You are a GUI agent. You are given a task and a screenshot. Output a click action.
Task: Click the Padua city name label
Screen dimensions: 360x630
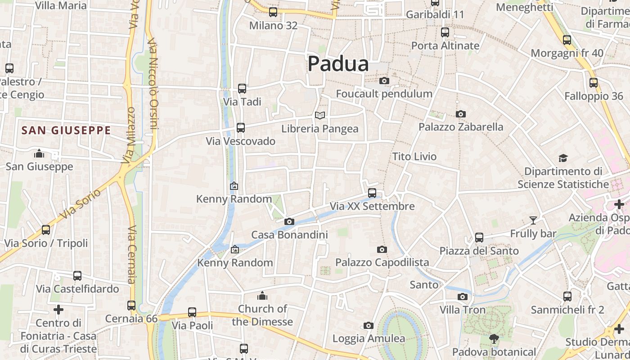click(338, 64)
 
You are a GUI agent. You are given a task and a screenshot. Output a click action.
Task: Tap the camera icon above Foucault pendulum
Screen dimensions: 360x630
click(384, 81)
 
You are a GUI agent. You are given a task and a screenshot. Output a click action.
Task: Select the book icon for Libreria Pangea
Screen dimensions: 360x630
click(319, 116)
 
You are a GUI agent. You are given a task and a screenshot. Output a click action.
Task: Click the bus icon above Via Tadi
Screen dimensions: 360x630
click(242, 89)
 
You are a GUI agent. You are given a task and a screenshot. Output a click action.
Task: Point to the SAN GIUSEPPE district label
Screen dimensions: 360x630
click(66, 130)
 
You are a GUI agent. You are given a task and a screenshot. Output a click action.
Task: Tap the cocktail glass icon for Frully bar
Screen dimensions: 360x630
click(533, 220)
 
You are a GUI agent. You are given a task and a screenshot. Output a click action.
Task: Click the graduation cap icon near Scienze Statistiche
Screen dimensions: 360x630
click(563, 158)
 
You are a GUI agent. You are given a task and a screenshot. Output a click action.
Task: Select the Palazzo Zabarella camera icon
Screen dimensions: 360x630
click(460, 114)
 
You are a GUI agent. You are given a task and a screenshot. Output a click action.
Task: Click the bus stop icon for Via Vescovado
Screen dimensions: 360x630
click(241, 128)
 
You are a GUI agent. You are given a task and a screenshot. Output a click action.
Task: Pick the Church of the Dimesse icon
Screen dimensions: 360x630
click(262, 296)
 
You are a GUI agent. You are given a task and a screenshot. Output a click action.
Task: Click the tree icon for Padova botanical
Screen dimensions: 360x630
click(494, 339)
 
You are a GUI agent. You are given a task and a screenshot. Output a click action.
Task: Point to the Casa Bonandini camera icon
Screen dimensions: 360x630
click(289, 221)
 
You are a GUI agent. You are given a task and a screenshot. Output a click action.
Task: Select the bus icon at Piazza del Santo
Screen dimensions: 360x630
click(479, 238)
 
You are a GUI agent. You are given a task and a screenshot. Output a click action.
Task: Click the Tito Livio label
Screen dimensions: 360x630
click(414, 157)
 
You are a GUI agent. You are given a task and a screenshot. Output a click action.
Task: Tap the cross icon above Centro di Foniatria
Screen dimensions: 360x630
click(58, 310)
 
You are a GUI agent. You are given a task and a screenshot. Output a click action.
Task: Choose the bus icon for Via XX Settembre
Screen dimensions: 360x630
click(372, 193)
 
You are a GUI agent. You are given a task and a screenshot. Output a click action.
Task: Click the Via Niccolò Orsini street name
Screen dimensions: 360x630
click(153, 83)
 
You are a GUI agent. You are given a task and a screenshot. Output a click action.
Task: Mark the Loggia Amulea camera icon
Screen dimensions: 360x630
click(368, 325)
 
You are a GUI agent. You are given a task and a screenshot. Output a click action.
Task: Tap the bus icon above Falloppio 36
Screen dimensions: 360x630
click(594, 83)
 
